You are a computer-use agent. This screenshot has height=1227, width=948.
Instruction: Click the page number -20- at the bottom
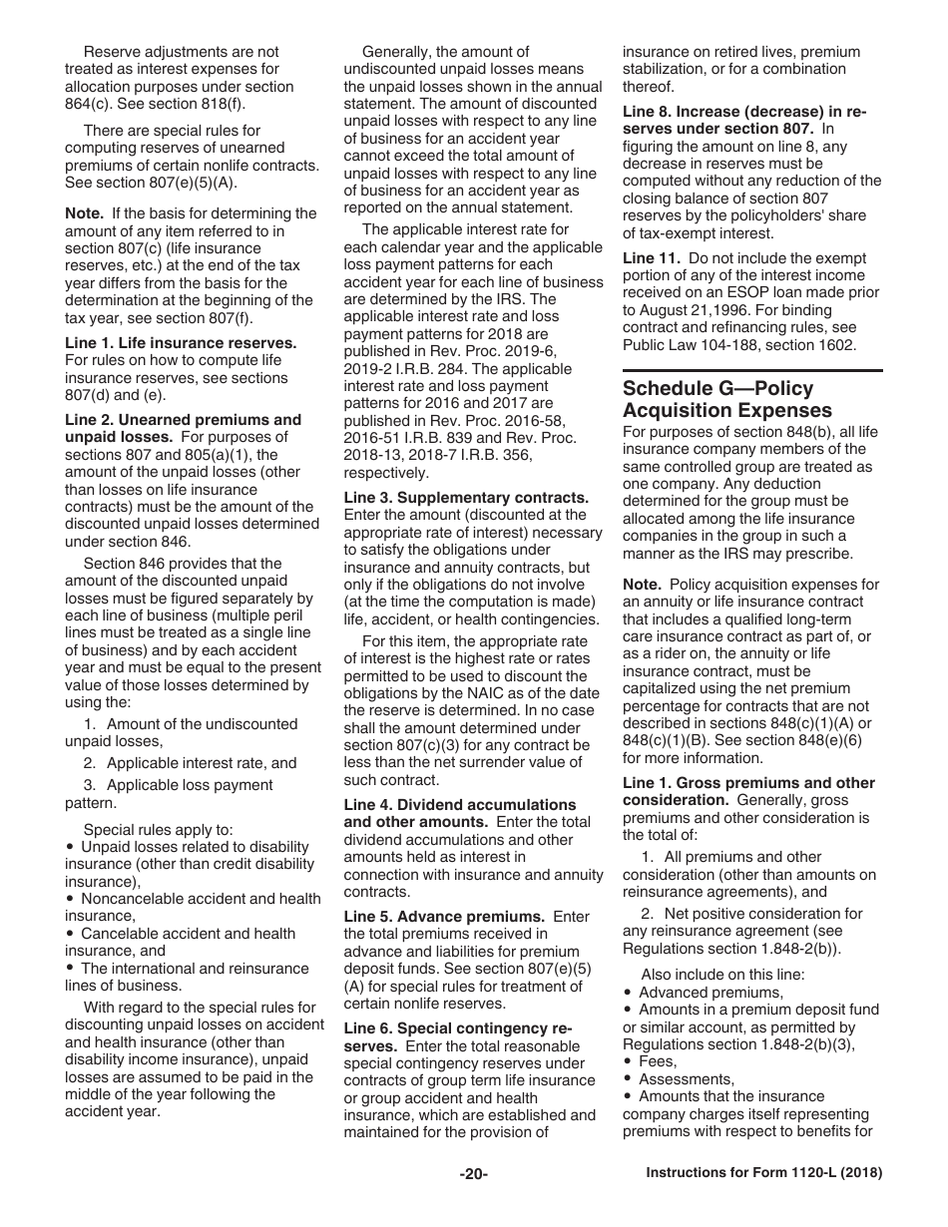point(473,1174)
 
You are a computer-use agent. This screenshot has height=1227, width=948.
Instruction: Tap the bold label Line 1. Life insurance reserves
point(181,342)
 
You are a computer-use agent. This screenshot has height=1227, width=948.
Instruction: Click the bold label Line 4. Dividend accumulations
point(460,804)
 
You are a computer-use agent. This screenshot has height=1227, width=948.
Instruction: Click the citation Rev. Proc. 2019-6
point(520,351)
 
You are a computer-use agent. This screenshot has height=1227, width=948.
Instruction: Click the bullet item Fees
point(658,1061)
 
